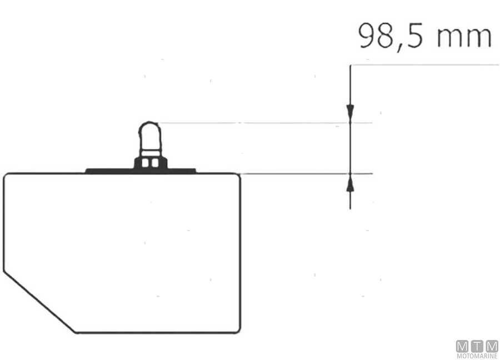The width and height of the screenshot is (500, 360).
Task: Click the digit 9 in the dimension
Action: coord(368,36)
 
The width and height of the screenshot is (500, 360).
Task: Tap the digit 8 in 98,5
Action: coord(386,36)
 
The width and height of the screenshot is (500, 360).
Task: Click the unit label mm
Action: coord(464,38)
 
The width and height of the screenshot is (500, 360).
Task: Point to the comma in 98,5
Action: coord(399,47)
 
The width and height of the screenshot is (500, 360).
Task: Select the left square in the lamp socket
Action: coord(145,163)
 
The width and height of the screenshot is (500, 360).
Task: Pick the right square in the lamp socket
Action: coord(156,163)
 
